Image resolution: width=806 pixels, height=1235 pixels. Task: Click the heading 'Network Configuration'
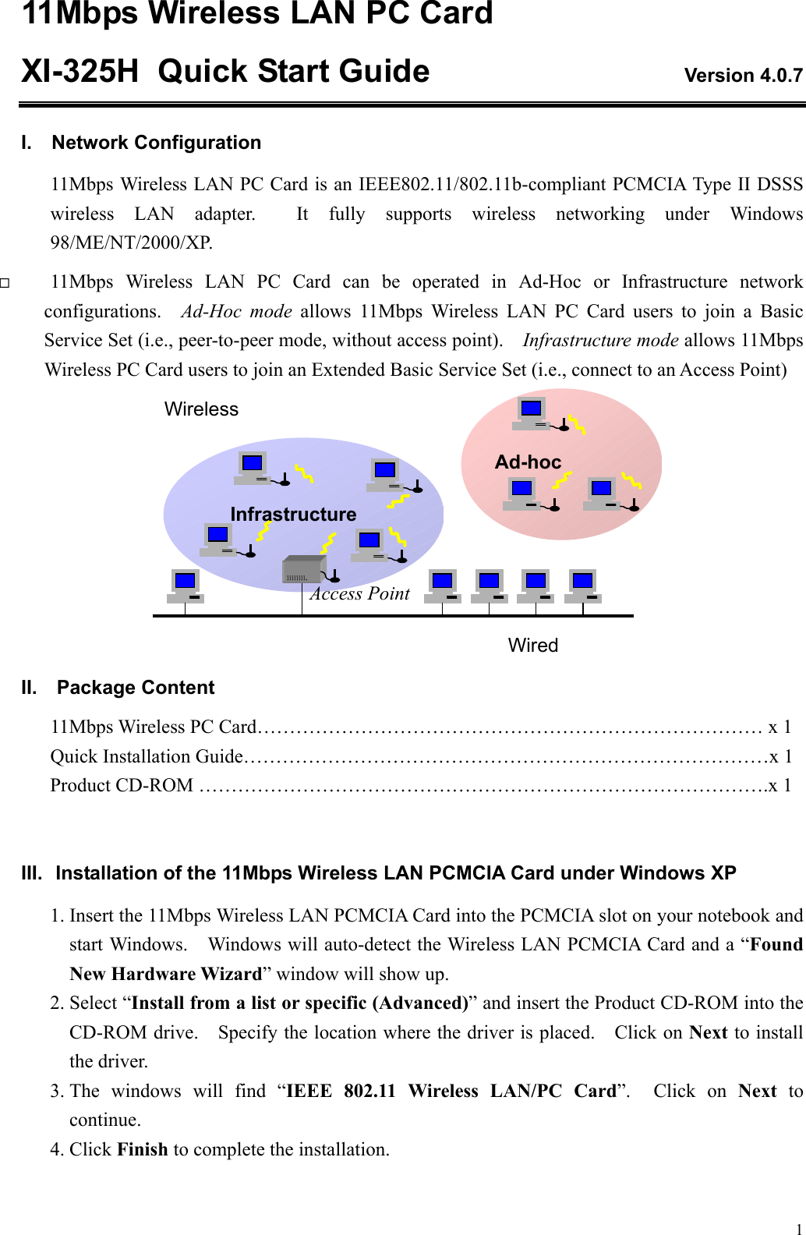[156, 143]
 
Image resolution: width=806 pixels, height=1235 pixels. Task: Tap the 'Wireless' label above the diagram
[201, 409]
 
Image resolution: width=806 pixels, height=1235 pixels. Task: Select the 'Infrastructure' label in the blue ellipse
[293, 515]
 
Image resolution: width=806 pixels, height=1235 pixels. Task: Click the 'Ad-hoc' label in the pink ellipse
[528, 462]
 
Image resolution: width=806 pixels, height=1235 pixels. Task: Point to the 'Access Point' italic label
[360, 594]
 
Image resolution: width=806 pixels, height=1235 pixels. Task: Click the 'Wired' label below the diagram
[533, 646]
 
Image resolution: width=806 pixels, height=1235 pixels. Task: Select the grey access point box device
[302, 570]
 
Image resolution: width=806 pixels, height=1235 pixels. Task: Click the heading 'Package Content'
[136, 688]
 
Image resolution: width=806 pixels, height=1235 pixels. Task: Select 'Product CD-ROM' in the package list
[122, 786]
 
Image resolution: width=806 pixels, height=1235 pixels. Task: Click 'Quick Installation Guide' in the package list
[147, 756]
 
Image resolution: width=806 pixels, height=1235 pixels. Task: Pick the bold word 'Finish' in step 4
[143, 1149]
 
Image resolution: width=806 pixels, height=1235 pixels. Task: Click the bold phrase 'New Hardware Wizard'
[165, 974]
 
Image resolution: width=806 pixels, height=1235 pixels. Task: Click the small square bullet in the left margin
[5, 283]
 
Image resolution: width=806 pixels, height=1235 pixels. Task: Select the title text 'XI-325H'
[80, 72]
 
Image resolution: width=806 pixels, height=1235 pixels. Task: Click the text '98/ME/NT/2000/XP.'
[132, 242]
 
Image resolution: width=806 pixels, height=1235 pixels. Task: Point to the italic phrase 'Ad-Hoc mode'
[236, 312]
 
